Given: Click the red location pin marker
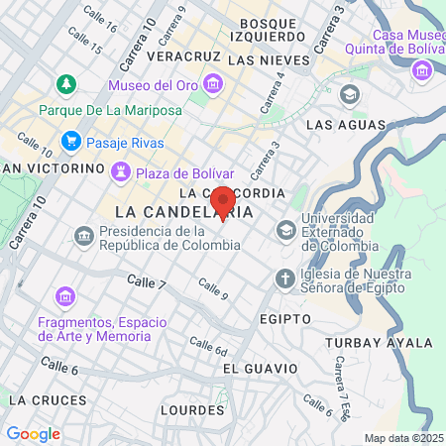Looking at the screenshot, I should point(223,200).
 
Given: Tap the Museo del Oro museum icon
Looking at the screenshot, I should point(213,84).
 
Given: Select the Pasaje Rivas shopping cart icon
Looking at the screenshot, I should point(70,142).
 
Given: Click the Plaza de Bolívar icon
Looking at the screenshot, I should point(122,172).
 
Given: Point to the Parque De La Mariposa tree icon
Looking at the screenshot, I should point(65,84).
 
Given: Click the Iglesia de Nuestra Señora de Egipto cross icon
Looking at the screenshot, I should point(285,278).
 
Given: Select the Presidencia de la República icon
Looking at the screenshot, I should point(83,235).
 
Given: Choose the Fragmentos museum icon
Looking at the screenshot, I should point(65,296).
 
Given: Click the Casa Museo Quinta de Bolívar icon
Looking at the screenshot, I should point(424,70).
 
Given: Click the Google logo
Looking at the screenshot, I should point(33,433).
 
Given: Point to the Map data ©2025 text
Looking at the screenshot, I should point(401,438).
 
